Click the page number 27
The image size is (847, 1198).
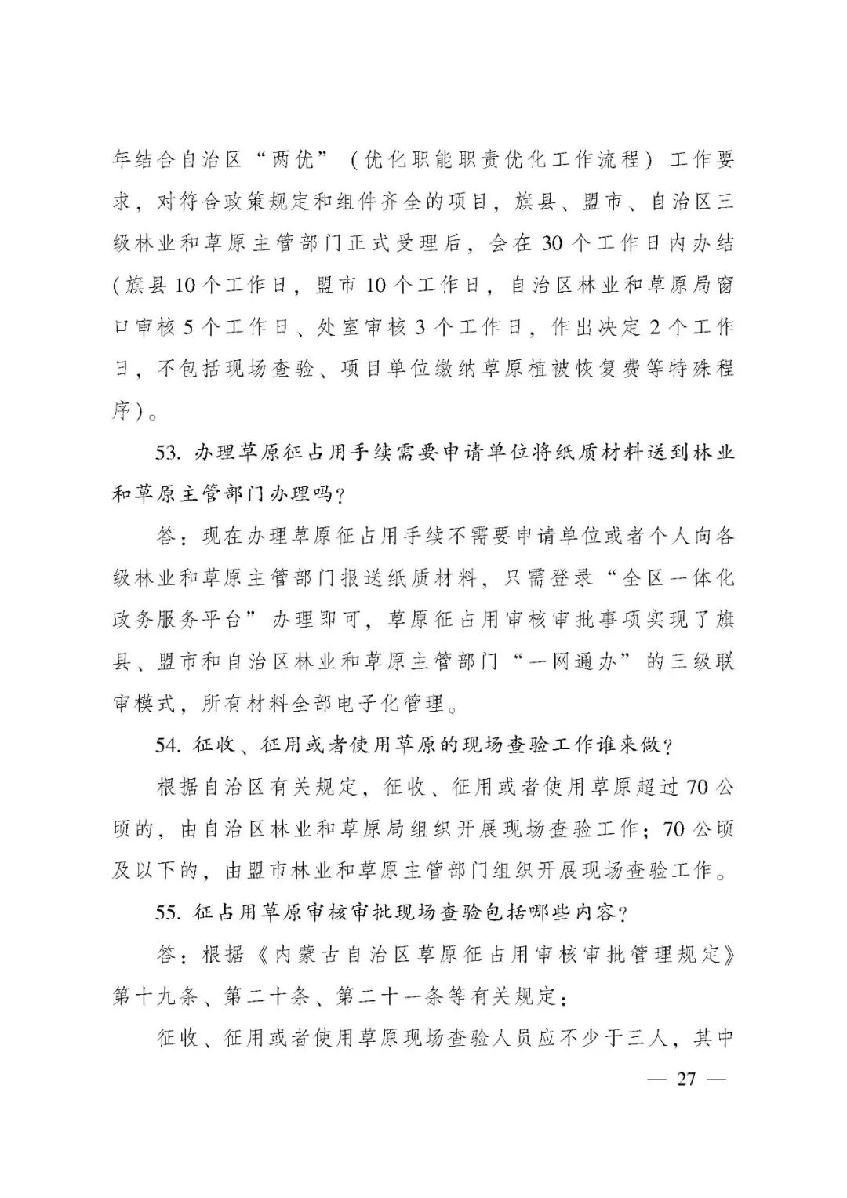(685, 1080)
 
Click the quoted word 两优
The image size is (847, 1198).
(280, 160)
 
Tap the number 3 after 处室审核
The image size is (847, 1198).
(420, 327)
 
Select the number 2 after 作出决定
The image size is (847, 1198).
(654, 327)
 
